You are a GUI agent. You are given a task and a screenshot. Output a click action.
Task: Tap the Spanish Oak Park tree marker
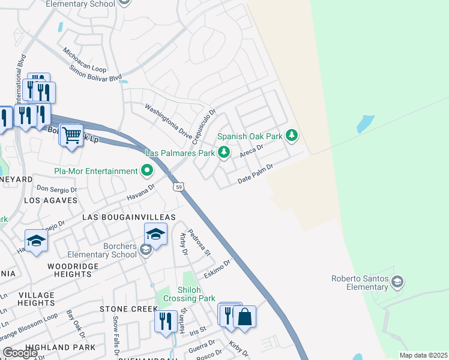292,136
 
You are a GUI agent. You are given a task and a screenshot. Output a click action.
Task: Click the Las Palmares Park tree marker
224,153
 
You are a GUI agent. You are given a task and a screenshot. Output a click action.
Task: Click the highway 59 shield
179,187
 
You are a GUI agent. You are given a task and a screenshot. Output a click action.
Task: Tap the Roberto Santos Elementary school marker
397,281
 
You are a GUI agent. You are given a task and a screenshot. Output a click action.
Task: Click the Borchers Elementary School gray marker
145,250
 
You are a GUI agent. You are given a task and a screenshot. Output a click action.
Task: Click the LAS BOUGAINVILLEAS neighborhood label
128,217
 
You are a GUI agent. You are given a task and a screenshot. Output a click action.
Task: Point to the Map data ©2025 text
423,355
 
